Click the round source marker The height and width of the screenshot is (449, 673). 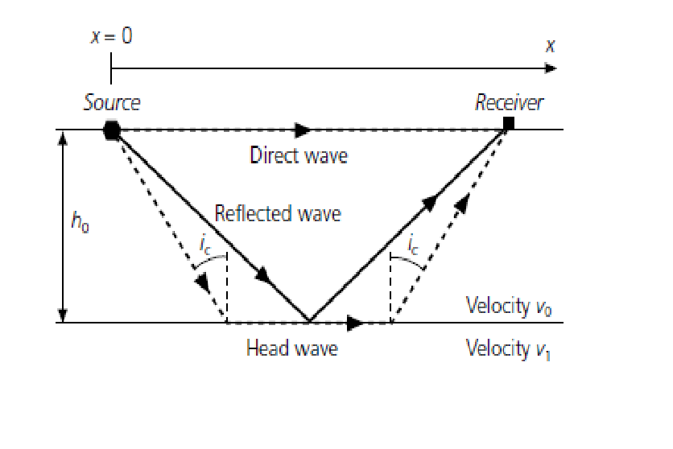[x=112, y=130]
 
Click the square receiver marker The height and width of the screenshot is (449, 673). [x=509, y=123]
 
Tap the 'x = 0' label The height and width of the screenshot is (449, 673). [x=112, y=35]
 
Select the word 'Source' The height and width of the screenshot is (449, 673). [x=112, y=102]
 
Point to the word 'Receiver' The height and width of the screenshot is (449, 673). [x=509, y=102]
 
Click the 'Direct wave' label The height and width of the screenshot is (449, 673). [x=299, y=155]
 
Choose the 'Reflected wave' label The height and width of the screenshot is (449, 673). [x=278, y=213]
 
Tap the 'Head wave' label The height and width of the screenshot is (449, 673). [x=292, y=348]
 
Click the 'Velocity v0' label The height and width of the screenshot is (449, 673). [x=509, y=307]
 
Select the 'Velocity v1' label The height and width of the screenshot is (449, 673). [x=508, y=348]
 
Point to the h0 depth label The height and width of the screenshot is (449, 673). [x=80, y=222]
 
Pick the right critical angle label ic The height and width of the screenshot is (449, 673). [x=412, y=245]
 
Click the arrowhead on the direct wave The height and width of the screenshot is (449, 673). [x=303, y=130]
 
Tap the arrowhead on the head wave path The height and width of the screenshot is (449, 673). [x=355, y=323]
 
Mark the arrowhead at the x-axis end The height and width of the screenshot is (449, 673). [x=551, y=68]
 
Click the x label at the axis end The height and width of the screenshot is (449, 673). [x=551, y=45]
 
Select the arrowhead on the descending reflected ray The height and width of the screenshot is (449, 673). [x=264, y=275]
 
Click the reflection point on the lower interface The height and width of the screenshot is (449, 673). [x=310, y=322]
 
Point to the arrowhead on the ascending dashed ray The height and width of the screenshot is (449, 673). [x=462, y=203]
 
